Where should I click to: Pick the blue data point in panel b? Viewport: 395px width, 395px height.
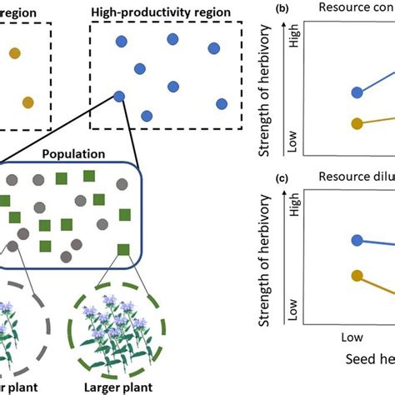[358, 93]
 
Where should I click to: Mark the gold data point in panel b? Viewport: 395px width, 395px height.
[358, 124]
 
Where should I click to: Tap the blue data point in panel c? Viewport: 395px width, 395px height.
[358, 241]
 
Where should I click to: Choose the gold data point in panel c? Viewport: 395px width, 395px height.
[358, 276]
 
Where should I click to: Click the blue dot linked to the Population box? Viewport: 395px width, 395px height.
[119, 97]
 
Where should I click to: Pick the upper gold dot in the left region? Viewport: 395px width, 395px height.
[15, 53]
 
